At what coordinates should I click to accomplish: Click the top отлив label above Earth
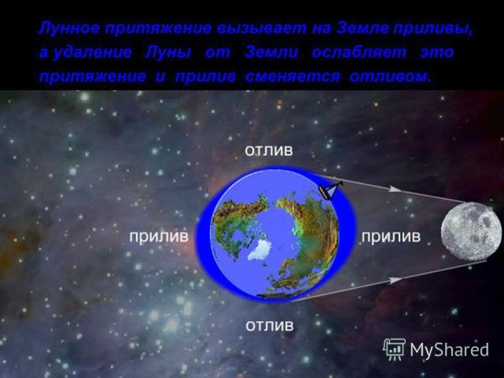[270, 151]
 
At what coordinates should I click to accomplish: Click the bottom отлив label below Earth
[270, 323]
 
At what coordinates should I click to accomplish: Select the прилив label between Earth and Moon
[390, 237]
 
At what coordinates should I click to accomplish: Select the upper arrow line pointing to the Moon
[395, 192]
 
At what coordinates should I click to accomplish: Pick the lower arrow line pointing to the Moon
[395, 279]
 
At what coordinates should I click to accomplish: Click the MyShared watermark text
[449, 349]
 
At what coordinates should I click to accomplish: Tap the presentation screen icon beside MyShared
[394, 349]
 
